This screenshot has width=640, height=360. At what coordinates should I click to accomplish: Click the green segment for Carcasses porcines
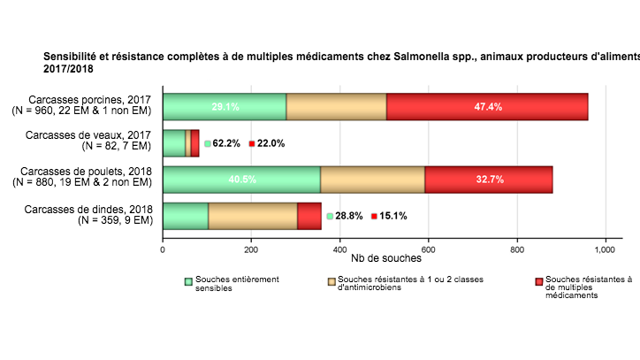(225, 106)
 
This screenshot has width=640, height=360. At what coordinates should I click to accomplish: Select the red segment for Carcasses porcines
(487, 106)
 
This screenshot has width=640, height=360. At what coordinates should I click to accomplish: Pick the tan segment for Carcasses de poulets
(372, 179)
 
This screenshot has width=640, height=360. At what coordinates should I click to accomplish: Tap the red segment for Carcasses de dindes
(309, 216)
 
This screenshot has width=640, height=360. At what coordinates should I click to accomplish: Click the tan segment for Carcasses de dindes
(253, 216)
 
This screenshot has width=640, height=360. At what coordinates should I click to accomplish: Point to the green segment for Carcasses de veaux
(174, 142)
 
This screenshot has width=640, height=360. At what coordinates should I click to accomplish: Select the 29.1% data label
(225, 107)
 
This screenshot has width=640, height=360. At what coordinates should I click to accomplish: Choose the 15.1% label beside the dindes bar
(393, 216)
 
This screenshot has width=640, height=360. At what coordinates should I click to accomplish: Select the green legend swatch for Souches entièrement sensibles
(188, 281)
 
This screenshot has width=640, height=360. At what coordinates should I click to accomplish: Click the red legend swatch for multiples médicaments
(538, 281)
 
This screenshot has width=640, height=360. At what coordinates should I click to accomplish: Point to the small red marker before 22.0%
(251, 143)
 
